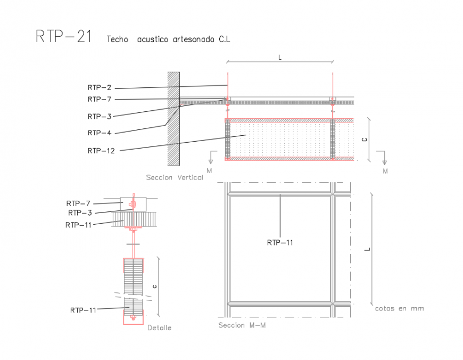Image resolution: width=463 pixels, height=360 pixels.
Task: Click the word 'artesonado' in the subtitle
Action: point(193,39)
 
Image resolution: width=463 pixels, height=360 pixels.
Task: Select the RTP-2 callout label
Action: point(100,87)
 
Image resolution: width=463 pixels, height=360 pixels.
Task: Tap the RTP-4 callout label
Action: point(100,133)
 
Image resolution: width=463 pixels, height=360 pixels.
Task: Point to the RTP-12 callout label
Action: point(101,151)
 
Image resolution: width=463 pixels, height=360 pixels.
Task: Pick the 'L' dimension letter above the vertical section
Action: point(280,56)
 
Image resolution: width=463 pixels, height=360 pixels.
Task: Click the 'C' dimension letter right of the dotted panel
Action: point(364,140)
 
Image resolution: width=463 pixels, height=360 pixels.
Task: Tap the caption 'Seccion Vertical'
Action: point(175,177)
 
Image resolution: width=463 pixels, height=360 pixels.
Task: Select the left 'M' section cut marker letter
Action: point(210,170)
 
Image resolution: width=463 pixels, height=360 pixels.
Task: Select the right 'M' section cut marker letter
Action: point(385,171)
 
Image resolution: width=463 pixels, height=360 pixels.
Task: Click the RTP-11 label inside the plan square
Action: point(280,242)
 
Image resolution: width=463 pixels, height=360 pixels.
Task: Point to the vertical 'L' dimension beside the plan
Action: point(367,249)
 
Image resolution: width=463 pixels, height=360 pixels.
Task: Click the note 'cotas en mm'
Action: point(399,308)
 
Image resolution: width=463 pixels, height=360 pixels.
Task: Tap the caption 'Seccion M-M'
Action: point(242,325)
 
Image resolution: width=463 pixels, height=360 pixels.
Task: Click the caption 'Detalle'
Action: point(159,328)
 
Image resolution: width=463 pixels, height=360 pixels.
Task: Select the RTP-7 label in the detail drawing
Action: point(78,203)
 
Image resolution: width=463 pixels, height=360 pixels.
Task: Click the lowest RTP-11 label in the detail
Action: point(83,309)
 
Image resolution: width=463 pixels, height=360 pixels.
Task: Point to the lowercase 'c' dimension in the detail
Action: point(154,287)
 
